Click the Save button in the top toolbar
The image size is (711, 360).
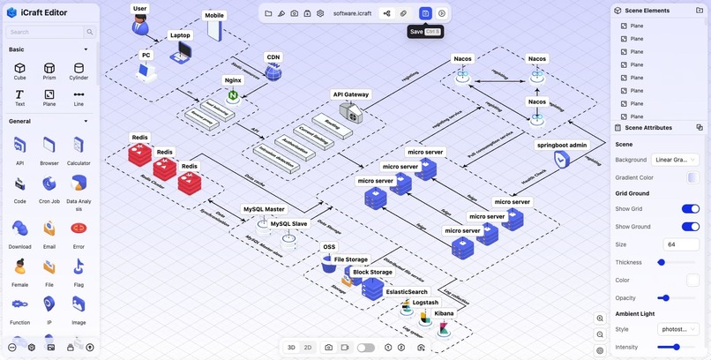pyautogui.click(x=425, y=13)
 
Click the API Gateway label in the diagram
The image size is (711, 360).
pyautogui.click(x=350, y=94)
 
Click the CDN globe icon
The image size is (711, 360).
pyautogui.click(x=273, y=72)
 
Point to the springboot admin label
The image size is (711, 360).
pyautogui.click(x=562, y=145)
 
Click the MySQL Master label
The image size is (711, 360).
pyautogui.click(x=264, y=209)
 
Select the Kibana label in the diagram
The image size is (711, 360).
pyautogui.click(x=444, y=313)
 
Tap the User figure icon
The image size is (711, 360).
pyautogui.click(x=139, y=25)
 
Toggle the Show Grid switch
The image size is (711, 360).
pyautogui.click(x=690, y=209)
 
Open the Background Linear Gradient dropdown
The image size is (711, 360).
pyautogui.click(x=677, y=160)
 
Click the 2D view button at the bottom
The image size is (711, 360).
pyautogui.click(x=308, y=348)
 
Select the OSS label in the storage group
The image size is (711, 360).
pyautogui.click(x=329, y=247)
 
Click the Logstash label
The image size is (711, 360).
pyautogui.click(x=425, y=303)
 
